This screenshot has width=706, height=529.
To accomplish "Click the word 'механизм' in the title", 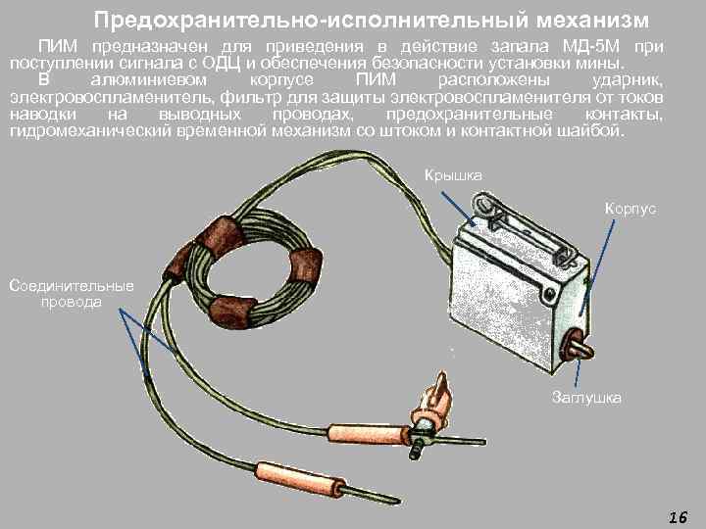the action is [x=592, y=21].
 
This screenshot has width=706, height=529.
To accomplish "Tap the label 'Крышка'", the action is [x=453, y=175].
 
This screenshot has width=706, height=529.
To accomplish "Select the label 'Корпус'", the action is [x=630, y=209].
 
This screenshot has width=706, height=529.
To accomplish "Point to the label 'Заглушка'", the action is [x=586, y=397].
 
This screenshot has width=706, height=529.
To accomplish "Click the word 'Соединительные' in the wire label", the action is [x=72, y=286].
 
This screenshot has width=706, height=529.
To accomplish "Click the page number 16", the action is [x=679, y=517].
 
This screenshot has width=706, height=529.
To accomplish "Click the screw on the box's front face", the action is [x=549, y=295].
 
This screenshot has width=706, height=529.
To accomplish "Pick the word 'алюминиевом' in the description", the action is [x=149, y=80].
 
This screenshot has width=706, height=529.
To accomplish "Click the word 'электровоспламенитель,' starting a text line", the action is [x=113, y=97].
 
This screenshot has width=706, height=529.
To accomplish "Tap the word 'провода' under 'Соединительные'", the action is [x=72, y=302].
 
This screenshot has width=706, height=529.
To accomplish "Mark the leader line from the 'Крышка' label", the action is [x=458, y=209].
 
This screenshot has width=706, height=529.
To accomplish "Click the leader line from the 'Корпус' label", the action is [x=597, y=266].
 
